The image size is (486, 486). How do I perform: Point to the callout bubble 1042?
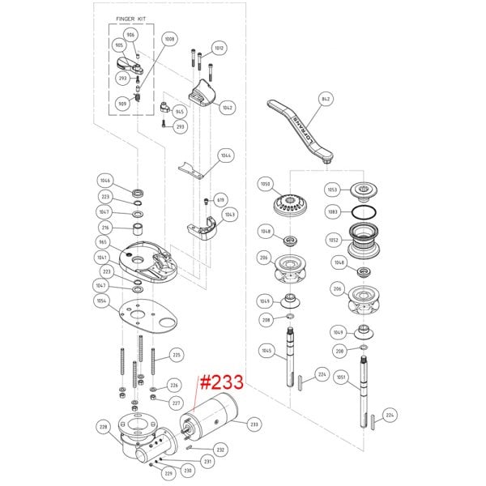click(x=228, y=107)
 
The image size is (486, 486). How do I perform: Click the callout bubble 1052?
click(x=333, y=240)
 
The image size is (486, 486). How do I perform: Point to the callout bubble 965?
click(x=104, y=242)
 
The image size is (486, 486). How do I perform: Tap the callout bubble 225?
click(x=177, y=355)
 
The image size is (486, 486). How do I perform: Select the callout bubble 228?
click(x=104, y=426)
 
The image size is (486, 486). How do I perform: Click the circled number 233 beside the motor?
click(x=254, y=424)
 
